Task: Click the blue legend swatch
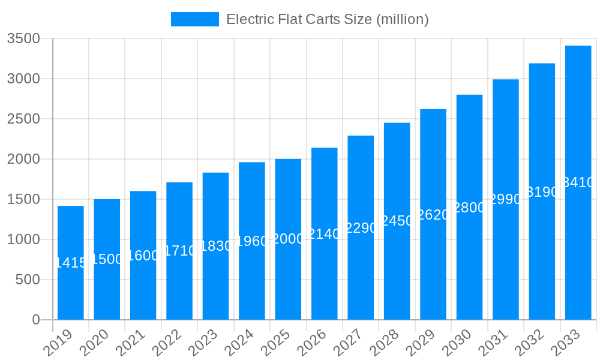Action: pyautogui.click(x=194, y=19)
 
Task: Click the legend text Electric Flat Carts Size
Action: pyautogui.click(x=327, y=19)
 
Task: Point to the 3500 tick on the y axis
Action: pyautogui.click(x=23, y=39)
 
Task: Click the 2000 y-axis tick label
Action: pyautogui.click(x=23, y=160)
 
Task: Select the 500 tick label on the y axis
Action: pyautogui.click(x=27, y=280)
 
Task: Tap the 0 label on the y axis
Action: pyautogui.click(x=35, y=320)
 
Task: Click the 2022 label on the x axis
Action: pyautogui.click(x=171, y=343)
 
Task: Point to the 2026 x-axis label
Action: pyautogui.click(x=316, y=343)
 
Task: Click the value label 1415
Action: pyautogui.click(x=71, y=263)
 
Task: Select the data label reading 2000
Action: pyautogui.click(x=288, y=239)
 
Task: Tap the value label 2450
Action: pyautogui.click(x=397, y=221)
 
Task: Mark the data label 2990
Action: pyautogui.click(x=506, y=199)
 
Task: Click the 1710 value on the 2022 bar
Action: pyautogui.click(x=179, y=251)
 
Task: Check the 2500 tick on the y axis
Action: pyautogui.click(x=23, y=119)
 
